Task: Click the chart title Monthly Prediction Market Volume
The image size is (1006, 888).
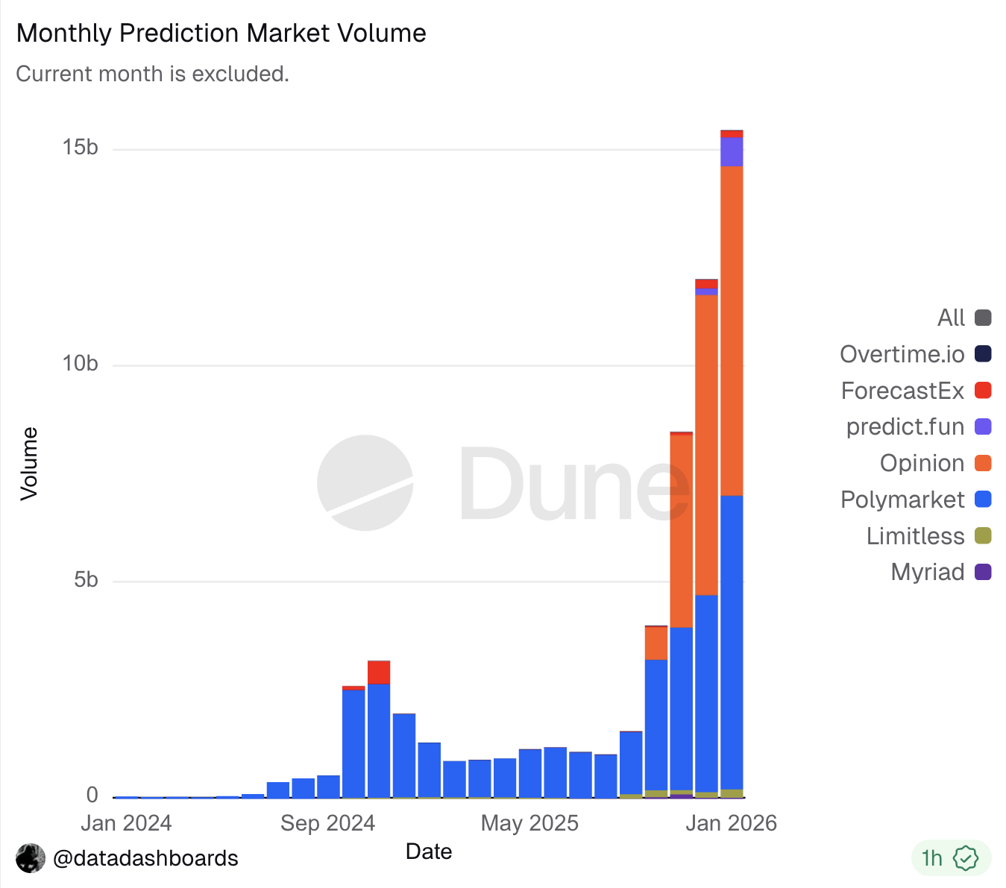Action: [x=221, y=34]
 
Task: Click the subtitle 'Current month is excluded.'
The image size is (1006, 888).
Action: [x=152, y=74]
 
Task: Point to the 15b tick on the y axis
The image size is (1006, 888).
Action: [x=81, y=148]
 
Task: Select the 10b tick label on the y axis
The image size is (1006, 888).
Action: [x=81, y=364]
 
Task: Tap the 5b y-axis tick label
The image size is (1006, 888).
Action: [x=86, y=580]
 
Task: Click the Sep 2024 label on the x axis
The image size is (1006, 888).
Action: [x=327, y=823]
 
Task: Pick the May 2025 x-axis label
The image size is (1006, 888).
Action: [x=529, y=823]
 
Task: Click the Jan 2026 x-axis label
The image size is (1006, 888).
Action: [x=731, y=823]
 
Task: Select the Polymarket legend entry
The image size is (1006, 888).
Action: [x=915, y=500]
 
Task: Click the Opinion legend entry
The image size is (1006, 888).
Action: [x=934, y=463]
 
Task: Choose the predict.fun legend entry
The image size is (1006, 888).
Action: [x=918, y=427]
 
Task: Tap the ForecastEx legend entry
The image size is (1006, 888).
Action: [x=915, y=391]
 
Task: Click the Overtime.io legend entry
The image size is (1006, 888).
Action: [x=915, y=354]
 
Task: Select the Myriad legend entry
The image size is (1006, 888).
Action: [x=940, y=572]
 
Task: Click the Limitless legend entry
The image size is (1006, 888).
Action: [x=928, y=536]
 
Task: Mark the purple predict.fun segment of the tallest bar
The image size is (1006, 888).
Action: [x=732, y=152]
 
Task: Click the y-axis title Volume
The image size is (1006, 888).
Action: [x=29, y=463]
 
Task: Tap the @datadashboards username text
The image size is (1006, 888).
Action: [x=145, y=858]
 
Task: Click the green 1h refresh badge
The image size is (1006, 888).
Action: [x=950, y=858]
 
